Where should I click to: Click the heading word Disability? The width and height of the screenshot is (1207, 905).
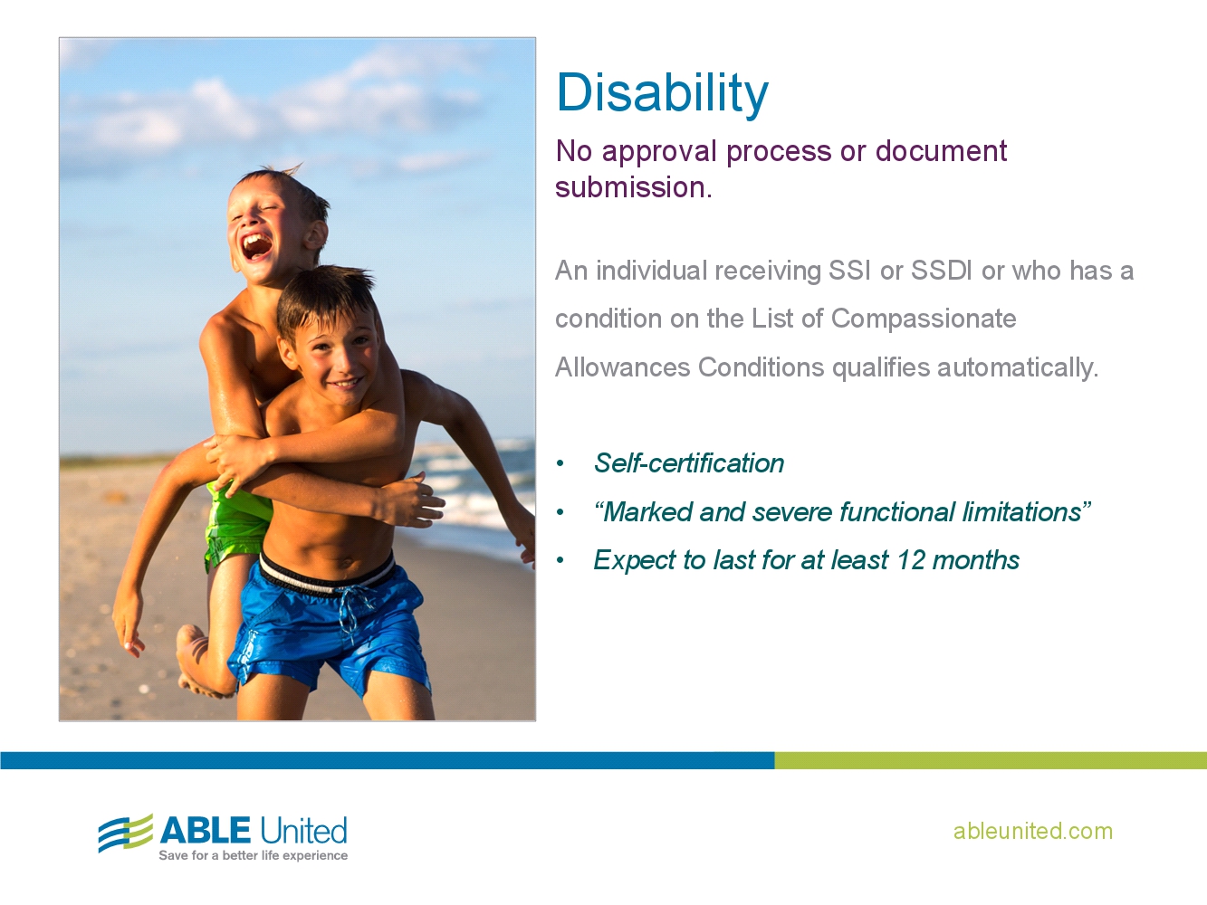662,93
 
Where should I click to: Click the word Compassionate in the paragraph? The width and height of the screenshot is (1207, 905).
923,319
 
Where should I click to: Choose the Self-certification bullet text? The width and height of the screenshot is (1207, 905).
688,463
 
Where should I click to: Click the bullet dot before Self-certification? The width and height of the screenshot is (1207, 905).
560,464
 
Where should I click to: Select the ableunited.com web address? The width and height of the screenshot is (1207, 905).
1032,831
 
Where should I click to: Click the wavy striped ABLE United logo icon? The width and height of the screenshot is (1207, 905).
125,833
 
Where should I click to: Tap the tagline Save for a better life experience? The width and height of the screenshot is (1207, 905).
253,855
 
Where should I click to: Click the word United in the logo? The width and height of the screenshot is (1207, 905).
303,830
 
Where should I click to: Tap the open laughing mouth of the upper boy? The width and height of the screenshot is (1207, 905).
256,245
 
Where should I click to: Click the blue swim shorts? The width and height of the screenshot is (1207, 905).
330,624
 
